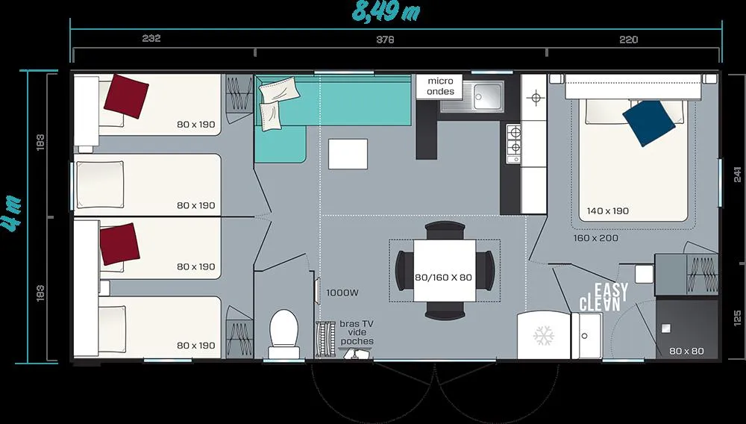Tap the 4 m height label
coord(13,216)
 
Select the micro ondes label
coord(440,86)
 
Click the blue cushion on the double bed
coord(646,122)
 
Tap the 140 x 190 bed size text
coord(607,211)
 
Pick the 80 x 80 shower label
coord(686,351)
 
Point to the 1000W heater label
coord(342,293)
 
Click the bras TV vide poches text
coord(357,333)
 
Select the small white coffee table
coord(348,154)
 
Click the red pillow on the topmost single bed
coord(126,94)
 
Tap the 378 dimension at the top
coord(385,40)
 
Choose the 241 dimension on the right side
coord(736,174)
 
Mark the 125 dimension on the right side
coord(736,317)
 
